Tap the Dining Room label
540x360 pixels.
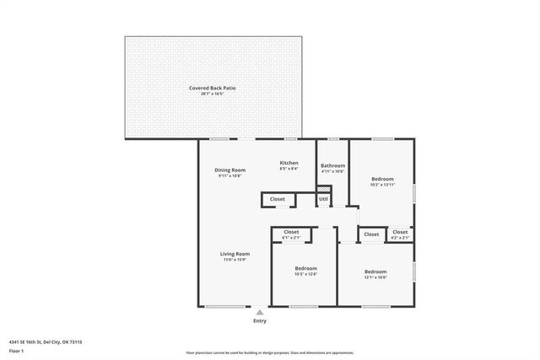(229, 169)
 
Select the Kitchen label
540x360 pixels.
(289, 162)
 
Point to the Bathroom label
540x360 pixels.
(332, 165)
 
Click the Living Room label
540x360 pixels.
(235, 253)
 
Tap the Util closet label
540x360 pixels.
(323, 199)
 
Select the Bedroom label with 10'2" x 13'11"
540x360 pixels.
(382, 178)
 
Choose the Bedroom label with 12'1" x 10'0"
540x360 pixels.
(375, 271)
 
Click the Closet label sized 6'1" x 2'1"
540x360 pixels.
(291, 232)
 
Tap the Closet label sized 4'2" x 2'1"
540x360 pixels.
(400, 232)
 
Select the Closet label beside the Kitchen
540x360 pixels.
(278, 199)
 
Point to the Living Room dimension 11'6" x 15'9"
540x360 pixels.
(235, 259)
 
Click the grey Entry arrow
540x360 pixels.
(260, 312)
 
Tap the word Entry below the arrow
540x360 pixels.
(260, 321)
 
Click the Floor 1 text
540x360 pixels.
(17, 349)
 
